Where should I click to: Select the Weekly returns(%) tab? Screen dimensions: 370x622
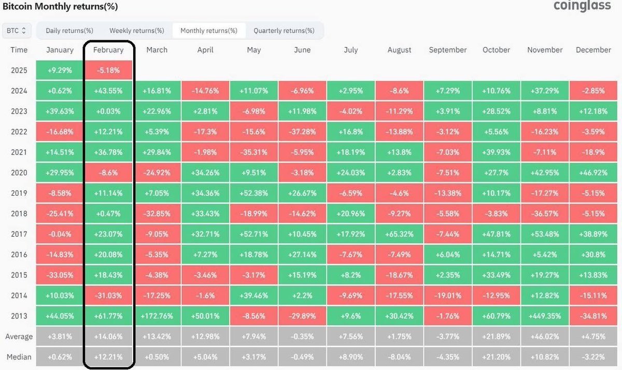pyautogui.click(x=137, y=31)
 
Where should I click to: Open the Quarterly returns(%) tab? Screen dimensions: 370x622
pyautogui.click(x=284, y=31)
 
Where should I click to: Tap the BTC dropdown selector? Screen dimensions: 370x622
pyautogui.click(x=17, y=31)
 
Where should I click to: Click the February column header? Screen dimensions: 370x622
pyautogui.click(x=108, y=50)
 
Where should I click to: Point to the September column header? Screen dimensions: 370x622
pyautogui.click(x=448, y=50)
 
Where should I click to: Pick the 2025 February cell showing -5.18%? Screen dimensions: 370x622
pyautogui.click(x=108, y=70)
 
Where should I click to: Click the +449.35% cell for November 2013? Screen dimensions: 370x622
pyautogui.click(x=545, y=316)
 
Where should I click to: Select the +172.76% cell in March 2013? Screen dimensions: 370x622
pyautogui.click(x=157, y=316)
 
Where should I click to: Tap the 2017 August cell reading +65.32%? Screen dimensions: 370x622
pyautogui.click(x=399, y=234)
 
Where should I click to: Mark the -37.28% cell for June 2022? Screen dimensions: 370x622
pyautogui.click(x=302, y=131)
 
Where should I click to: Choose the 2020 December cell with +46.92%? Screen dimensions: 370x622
pyautogui.click(x=593, y=172)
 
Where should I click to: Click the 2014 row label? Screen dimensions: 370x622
pyautogui.click(x=19, y=295)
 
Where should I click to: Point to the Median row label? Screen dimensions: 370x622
pyautogui.click(x=19, y=357)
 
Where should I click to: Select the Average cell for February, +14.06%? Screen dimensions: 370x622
pyautogui.click(x=108, y=336)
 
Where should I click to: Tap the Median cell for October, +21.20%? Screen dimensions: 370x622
pyautogui.click(x=496, y=357)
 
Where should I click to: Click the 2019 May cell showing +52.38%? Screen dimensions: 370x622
pyautogui.click(x=254, y=193)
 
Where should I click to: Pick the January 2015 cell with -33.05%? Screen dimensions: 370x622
pyautogui.click(x=60, y=275)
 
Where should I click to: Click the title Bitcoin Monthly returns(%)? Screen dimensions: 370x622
pyautogui.click(x=60, y=7)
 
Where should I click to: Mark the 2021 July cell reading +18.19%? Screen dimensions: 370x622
pyautogui.click(x=351, y=152)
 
